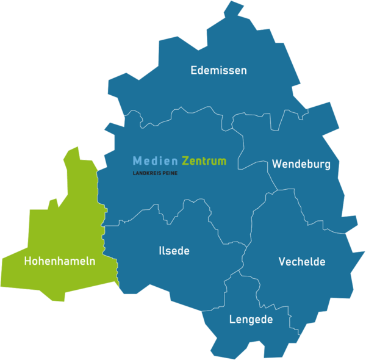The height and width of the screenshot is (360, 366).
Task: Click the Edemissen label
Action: point(218,70)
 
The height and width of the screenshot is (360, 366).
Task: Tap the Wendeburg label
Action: point(301,164)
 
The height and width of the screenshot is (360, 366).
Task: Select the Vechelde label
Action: point(302,262)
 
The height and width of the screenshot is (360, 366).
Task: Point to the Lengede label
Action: point(251,319)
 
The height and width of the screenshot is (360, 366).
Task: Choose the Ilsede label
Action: point(174,251)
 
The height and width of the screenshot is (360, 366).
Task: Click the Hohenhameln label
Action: point(59,261)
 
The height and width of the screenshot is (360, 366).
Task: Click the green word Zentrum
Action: point(204,161)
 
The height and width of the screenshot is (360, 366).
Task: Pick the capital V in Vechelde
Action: point(282,262)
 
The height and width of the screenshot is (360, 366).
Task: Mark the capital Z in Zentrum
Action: point(185,161)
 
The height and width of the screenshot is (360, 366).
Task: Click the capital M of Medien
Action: point(137,161)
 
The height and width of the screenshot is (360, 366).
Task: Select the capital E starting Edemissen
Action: point(194,70)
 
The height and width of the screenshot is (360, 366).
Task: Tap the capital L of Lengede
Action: point(232,319)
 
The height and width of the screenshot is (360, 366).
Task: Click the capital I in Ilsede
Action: point(160,251)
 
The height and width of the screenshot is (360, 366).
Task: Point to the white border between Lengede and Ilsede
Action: point(224,293)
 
